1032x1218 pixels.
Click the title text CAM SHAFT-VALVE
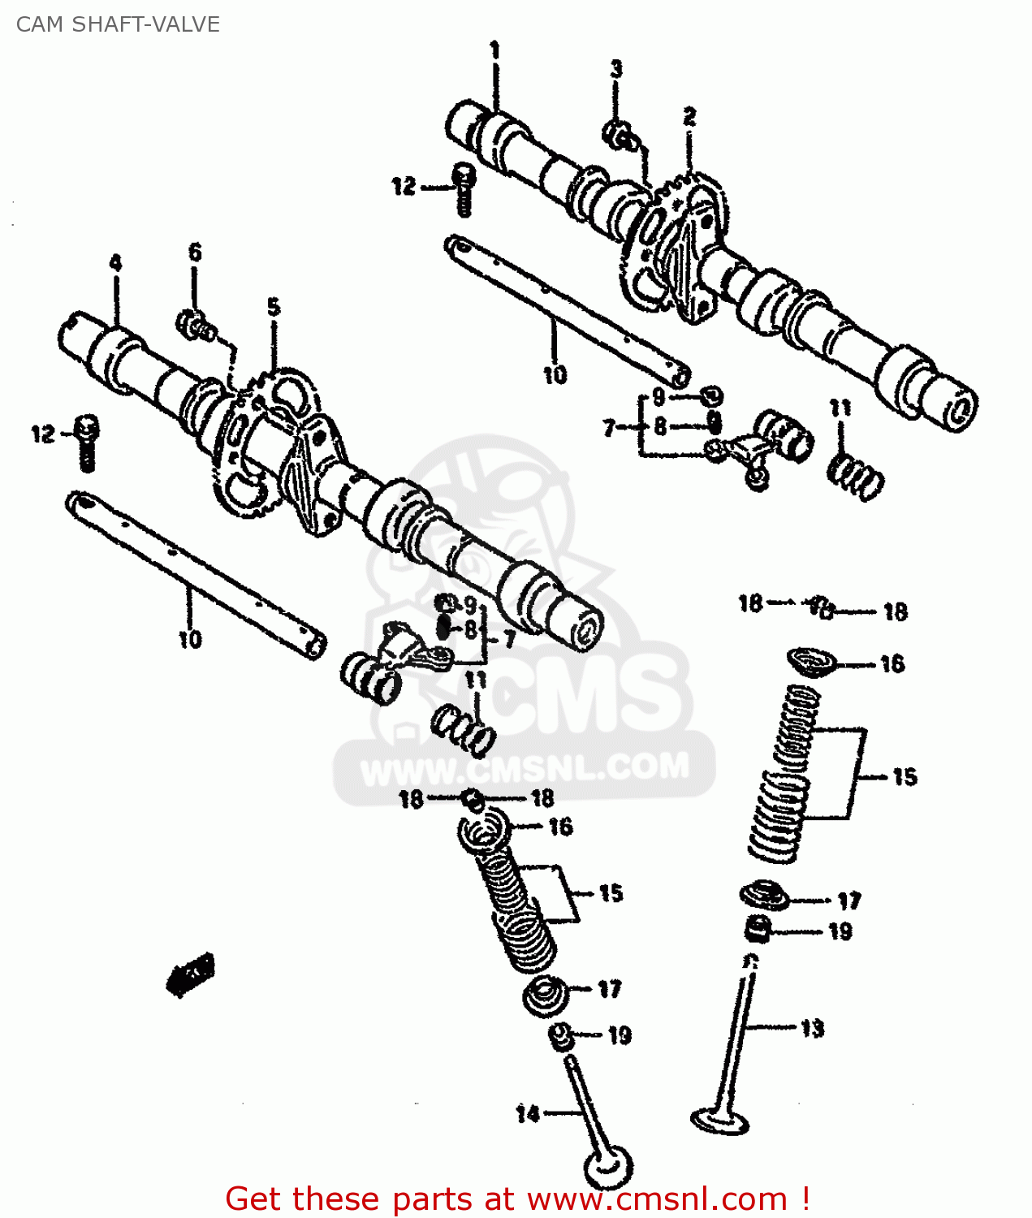coord(118,24)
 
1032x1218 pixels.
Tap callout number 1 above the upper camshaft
coord(494,51)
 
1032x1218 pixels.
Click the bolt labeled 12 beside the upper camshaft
coord(464,189)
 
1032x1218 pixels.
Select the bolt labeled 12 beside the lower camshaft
coord(86,443)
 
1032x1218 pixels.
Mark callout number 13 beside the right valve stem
coord(812,1029)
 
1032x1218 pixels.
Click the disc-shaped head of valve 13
coord(719,1120)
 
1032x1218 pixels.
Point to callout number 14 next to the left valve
coord(528,1113)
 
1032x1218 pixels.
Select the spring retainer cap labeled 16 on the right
coord(812,661)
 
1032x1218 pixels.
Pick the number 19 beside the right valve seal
coord(840,931)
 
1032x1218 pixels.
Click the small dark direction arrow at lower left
coord(191,974)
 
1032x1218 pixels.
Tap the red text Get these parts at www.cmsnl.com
coord(517,1199)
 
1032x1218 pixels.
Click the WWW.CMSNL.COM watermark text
coord(525,767)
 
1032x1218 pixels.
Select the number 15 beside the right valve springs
coord(905,777)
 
